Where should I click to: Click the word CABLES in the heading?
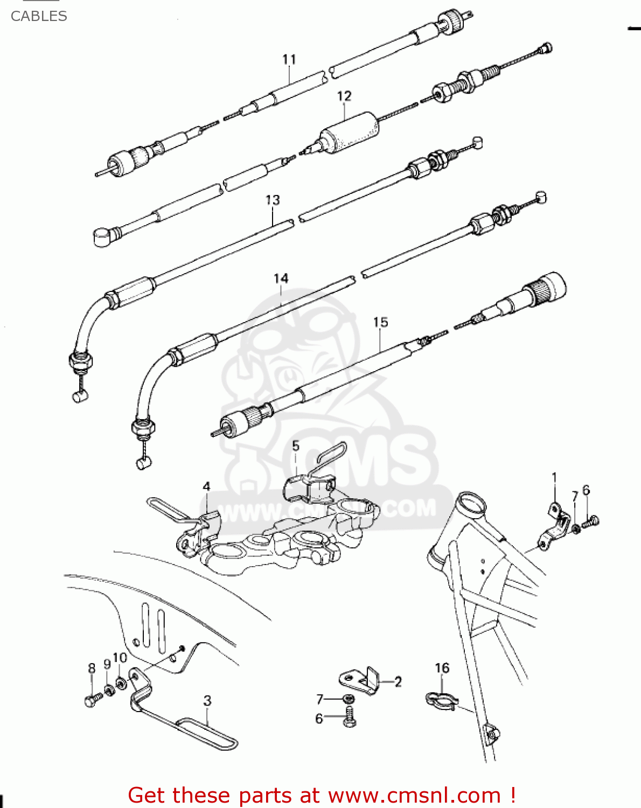39,16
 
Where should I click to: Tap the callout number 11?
289,59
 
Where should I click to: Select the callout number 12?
344,96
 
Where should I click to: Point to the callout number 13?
273,200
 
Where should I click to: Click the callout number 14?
281,278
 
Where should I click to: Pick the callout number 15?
380,322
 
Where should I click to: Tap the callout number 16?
442,668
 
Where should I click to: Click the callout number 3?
207,701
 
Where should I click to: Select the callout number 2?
398,682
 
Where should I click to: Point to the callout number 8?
92,668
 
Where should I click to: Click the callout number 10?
120,658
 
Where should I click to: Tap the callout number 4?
206,486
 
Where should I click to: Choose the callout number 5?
296,445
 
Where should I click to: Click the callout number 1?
554,477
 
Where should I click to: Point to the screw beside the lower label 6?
349,719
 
